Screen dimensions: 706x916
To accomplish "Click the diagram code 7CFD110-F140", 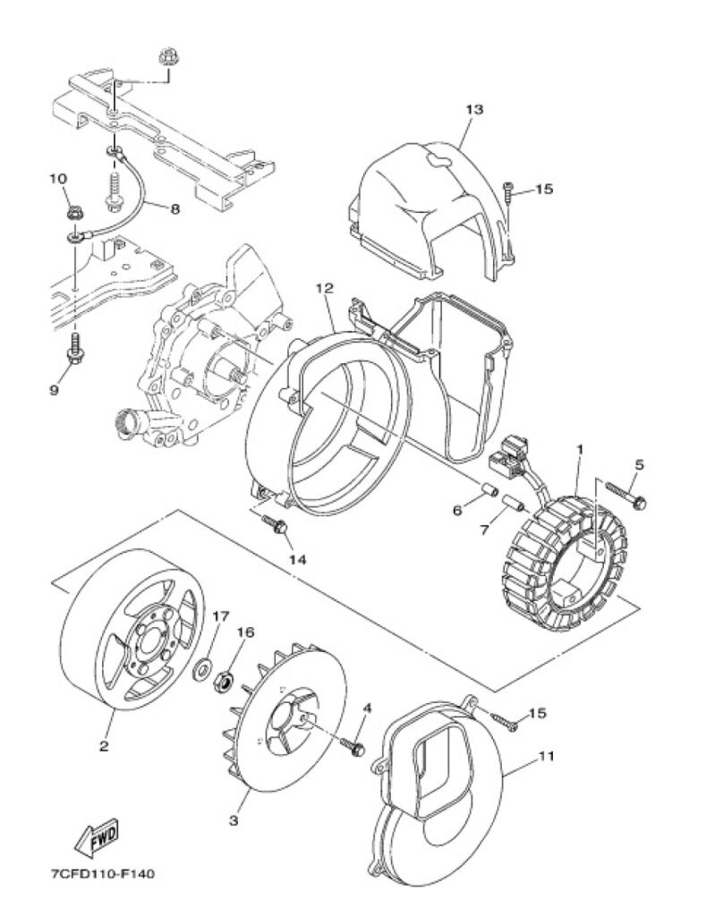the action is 103,875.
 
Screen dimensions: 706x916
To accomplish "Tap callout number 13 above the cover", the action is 474,109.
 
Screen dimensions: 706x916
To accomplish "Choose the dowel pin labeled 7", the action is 512,503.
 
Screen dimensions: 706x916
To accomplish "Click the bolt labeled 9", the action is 75,350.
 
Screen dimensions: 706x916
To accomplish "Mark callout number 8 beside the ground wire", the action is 174,208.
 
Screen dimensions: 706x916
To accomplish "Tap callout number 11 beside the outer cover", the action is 546,756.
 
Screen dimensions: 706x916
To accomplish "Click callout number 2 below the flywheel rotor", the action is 104,746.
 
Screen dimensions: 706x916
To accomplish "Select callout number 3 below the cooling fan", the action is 234,820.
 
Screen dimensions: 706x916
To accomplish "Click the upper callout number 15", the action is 543,190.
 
